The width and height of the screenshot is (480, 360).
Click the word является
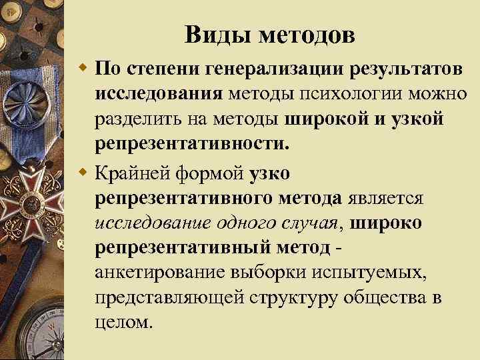[384, 198]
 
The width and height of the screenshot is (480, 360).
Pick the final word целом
[124, 321]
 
